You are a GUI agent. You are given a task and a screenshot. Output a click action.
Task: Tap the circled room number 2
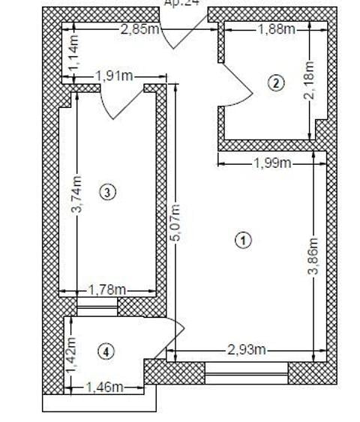(277, 82)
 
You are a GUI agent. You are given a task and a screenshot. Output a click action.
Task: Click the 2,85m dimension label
(139, 29)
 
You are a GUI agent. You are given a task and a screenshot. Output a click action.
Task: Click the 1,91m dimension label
(114, 75)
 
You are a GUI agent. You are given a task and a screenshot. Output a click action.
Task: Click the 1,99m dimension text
(271, 163)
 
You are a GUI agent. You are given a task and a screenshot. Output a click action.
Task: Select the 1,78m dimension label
(106, 289)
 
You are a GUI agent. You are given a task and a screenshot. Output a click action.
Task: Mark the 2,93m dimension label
(247, 349)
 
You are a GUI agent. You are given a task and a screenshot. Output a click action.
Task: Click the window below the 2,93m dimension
(246, 372)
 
